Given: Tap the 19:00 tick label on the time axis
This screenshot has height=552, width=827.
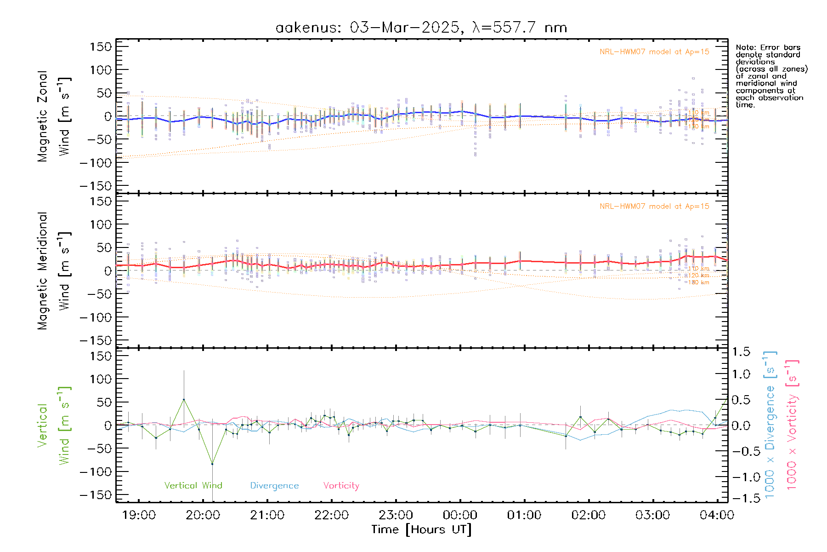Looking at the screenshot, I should [139, 515].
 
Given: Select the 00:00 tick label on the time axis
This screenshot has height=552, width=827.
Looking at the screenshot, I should [460, 515].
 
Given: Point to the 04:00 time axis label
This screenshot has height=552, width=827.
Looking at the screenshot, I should [717, 515].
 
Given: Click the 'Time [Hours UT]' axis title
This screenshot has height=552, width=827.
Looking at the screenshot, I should [421, 529].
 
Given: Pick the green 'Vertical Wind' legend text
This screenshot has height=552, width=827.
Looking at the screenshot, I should [193, 485].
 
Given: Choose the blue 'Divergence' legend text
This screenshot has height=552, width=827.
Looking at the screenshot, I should [274, 485].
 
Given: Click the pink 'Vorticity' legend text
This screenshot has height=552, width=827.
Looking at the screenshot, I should [341, 485].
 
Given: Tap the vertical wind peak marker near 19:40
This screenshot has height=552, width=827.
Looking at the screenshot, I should [184, 399].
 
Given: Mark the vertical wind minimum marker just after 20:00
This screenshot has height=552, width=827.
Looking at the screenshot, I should [212, 464].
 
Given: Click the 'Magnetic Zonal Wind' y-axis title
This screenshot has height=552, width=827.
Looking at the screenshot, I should [54, 116].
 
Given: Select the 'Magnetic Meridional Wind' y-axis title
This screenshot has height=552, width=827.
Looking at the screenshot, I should [54, 270].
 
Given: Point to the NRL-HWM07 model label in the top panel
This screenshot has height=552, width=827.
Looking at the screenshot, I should [654, 52].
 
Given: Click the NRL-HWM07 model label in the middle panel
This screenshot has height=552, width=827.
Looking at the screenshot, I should [654, 206].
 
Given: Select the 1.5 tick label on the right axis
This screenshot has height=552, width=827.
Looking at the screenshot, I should [741, 352].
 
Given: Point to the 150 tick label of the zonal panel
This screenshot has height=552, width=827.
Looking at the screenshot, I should [101, 46].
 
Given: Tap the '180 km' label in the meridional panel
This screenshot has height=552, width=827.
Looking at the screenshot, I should [698, 282].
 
